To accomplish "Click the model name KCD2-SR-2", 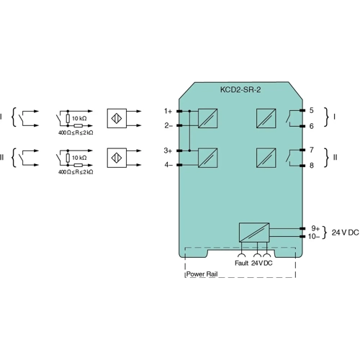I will [240, 92].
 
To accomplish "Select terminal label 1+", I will [168, 111].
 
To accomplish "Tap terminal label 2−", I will [168, 125].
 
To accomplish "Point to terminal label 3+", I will [168, 150].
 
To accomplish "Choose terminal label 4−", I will [168, 165].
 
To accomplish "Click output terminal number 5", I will [311, 111].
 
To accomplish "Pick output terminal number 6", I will [311, 126].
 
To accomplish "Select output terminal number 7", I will [311, 150].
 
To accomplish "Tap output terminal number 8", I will [311, 166].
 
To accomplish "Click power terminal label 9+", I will [315, 228].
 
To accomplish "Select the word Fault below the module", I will [241, 264].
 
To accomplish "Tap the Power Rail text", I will [202, 274].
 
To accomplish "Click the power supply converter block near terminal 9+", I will [254, 232].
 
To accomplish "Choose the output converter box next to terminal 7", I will [265, 157].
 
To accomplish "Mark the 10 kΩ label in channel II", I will [80, 157].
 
